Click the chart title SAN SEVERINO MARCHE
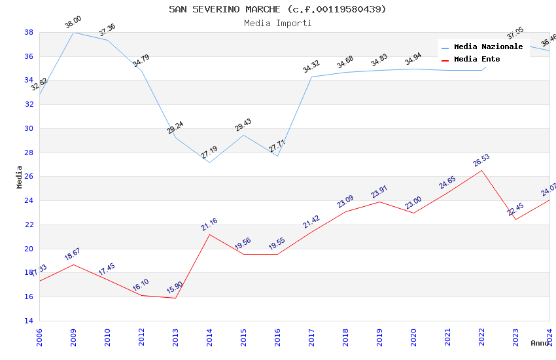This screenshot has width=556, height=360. [277, 9]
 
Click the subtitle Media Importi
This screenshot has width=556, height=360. [277, 23]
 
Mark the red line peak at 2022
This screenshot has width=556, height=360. [482, 170]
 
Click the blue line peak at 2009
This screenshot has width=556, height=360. [73, 32]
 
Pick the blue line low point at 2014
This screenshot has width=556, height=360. [209, 162]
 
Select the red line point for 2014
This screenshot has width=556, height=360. [209, 234]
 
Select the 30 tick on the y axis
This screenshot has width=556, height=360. [29, 128]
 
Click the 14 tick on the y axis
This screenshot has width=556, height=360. [29, 321]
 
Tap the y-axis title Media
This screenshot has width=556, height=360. [20, 177]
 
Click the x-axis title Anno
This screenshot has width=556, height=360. [540, 343]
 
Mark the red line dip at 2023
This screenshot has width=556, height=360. [516, 219]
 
